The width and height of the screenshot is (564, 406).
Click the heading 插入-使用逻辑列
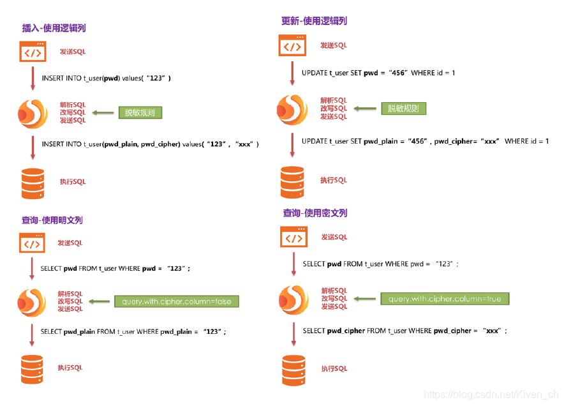click(x=54, y=28)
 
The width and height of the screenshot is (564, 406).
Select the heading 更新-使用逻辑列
click(x=315, y=21)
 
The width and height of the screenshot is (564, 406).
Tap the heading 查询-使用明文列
click(x=52, y=220)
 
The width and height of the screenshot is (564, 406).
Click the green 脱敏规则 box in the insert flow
click(x=140, y=112)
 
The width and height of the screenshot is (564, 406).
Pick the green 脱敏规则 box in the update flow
click(x=403, y=109)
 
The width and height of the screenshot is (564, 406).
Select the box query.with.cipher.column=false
click(x=176, y=301)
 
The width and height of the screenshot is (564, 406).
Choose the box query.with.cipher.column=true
click(x=445, y=299)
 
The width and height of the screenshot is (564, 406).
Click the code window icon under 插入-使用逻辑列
click(x=33, y=52)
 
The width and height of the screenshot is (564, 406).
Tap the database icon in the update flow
click(x=292, y=183)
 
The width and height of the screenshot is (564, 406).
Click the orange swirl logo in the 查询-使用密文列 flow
click(x=293, y=299)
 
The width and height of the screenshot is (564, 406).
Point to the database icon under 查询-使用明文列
click(x=32, y=369)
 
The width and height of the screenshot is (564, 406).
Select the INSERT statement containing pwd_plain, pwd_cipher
click(x=150, y=144)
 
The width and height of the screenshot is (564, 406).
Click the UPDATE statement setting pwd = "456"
click(x=378, y=73)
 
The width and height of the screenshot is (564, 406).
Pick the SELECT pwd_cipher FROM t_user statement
click(x=405, y=331)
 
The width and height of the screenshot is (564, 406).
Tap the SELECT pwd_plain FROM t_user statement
click(x=133, y=332)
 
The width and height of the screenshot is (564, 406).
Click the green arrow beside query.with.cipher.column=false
click(x=99, y=301)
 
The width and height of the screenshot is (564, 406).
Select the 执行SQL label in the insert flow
click(x=72, y=182)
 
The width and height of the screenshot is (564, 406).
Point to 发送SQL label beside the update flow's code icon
click(x=333, y=45)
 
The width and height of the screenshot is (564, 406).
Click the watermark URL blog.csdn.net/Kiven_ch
click(x=491, y=396)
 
